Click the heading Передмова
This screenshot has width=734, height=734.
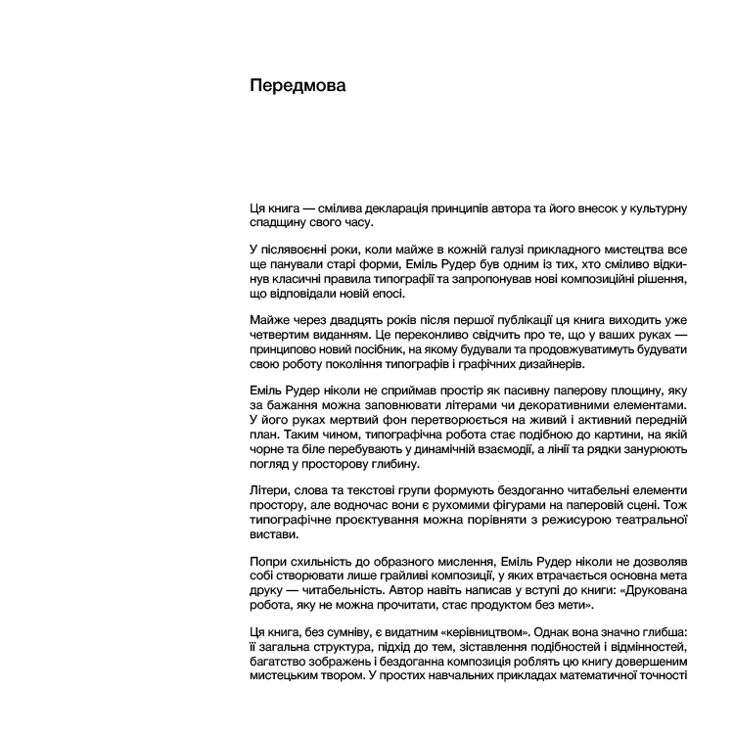[x=298, y=86]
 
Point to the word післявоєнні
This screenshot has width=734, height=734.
[x=303, y=252]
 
